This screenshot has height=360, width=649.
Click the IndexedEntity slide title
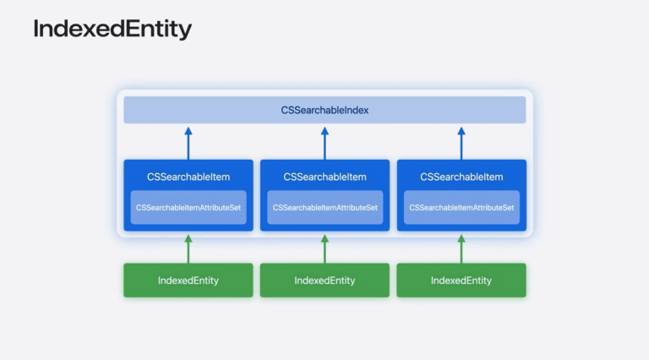pyautogui.click(x=112, y=30)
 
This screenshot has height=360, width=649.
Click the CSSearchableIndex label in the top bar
pyautogui.click(x=324, y=110)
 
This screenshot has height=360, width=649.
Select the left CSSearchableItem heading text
pyautogui.click(x=188, y=177)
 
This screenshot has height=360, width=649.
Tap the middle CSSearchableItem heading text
pyautogui.click(x=324, y=177)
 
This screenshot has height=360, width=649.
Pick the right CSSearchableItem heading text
pyautogui.click(x=461, y=177)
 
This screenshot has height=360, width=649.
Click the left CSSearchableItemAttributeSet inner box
pyautogui.click(x=188, y=207)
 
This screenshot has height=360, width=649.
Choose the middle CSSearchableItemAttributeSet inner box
pyautogui.click(x=324, y=207)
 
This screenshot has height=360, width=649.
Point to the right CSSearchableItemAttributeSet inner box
pyautogui.click(x=461, y=207)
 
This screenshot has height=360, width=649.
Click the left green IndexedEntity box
pyautogui.click(x=188, y=280)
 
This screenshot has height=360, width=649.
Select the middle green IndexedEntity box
pyautogui.click(x=324, y=280)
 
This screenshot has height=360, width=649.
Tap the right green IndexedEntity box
pyautogui.click(x=461, y=280)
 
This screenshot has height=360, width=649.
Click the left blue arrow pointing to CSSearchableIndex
pyautogui.click(x=188, y=143)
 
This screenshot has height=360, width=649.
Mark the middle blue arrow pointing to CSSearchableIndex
pyautogui.click(x=324, y=143)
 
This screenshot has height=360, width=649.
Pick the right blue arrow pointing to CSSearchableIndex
pyautogui.click(x=461, y=143)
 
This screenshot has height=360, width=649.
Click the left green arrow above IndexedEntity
pyautogui.click(x=188, y=250)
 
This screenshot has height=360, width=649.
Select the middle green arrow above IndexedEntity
pyautogui.click(x=324, y=250)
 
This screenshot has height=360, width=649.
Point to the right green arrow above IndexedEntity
pyautogui.click(x=461, y=250)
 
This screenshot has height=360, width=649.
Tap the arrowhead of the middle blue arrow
pyautogui.click(x=324, y=131)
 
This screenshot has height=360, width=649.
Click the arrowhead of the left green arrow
pyautogui.click(x=188, y=240)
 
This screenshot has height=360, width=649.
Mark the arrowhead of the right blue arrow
pyautogui.click(x=461, y=131)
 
